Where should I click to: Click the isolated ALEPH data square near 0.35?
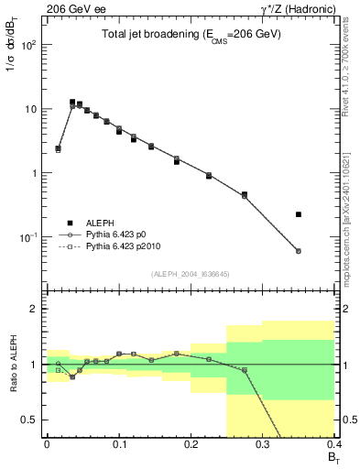(x=299, y=214)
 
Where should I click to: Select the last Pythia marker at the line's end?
(x=299, y=251)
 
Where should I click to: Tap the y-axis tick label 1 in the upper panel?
(x=35, y=173)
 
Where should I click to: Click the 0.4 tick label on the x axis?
(x=334, y=443)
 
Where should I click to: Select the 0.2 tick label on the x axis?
(x=191, y=443)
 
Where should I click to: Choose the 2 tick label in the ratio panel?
(x=35, y=309)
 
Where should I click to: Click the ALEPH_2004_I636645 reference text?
(x=191, y=274)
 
